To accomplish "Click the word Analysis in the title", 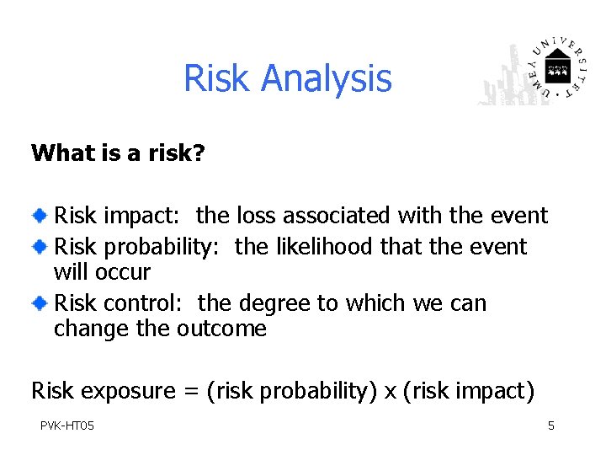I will point(326,79).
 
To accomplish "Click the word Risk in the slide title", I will point(218,78).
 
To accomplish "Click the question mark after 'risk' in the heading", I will point(199,153).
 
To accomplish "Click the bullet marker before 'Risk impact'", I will point(40,217).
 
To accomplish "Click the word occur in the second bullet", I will point(124,273).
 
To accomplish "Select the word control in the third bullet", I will point(147,302).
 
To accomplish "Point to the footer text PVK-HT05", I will point(67,426).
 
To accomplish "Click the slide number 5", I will point(551,426).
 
